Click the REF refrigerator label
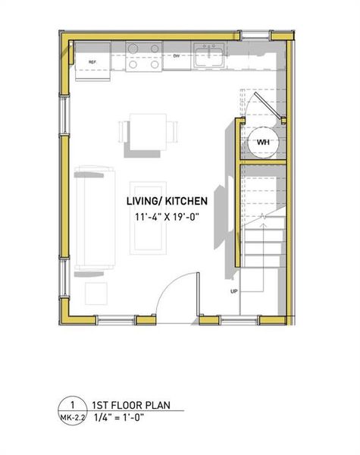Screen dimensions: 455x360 click(92, 62)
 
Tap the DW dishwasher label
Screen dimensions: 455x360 click(176, 56)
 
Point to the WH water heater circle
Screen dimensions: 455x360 click(263, 142)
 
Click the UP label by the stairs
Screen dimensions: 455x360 click(234, 291)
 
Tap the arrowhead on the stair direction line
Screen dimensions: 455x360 click(261, 217)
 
